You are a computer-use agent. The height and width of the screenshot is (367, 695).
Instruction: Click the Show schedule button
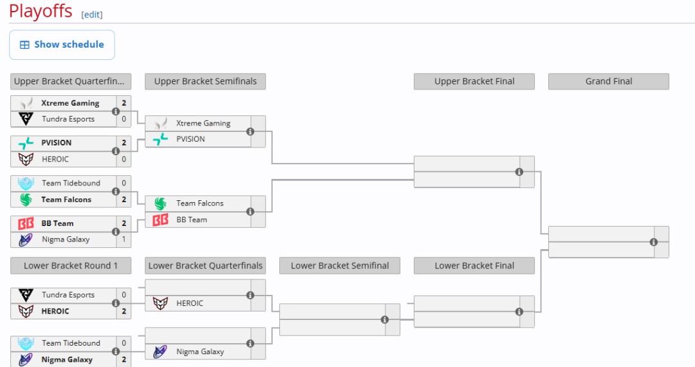click(x=62, y=45)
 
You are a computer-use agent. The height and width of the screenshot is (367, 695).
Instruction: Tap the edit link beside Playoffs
click(x=92, y=15)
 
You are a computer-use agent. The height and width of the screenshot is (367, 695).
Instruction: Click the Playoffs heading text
click(x=41, y=11)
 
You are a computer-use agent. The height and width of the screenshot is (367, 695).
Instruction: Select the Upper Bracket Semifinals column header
click(x=205, y=82)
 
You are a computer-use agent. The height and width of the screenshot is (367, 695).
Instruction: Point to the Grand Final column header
click(x=608, y=82)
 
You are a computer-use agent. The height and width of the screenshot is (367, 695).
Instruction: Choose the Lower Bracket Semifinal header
click(x=340, y=266)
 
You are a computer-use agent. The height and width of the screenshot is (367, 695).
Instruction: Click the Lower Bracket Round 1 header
click(x=71, y=266)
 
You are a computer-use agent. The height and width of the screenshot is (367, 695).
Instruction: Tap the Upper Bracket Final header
click(x=474, y=82)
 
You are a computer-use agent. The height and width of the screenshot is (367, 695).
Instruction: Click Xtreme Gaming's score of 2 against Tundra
click(x=124, y=103)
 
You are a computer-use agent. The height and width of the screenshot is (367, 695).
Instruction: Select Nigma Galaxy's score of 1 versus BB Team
click(x=124, y=240)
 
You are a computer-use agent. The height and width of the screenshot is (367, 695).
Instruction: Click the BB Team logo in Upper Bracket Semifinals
click(x=160, y=220)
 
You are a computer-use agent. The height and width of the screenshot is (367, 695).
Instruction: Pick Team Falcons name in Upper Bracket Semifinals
click(x=200, y=203)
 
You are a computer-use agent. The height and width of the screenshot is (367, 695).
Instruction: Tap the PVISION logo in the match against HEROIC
click(x=26, y=143)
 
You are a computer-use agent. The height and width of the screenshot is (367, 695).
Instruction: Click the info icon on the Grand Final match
click(x=654, y=242)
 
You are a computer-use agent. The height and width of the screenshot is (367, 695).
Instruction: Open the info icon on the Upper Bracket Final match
click(x=519, y=172)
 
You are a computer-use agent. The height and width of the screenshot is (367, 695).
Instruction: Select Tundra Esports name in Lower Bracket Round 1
click(x=68, y=295)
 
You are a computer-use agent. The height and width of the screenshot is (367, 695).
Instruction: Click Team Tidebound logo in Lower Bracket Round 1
click(x=26, y=344)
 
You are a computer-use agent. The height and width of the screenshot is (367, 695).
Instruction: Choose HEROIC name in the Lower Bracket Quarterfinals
click(x=190, y=303)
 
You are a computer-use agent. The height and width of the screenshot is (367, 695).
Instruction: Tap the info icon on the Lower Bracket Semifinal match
click(x=385, y=320)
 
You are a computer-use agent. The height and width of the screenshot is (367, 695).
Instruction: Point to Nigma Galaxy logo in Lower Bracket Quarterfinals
click(x=160, y=352)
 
